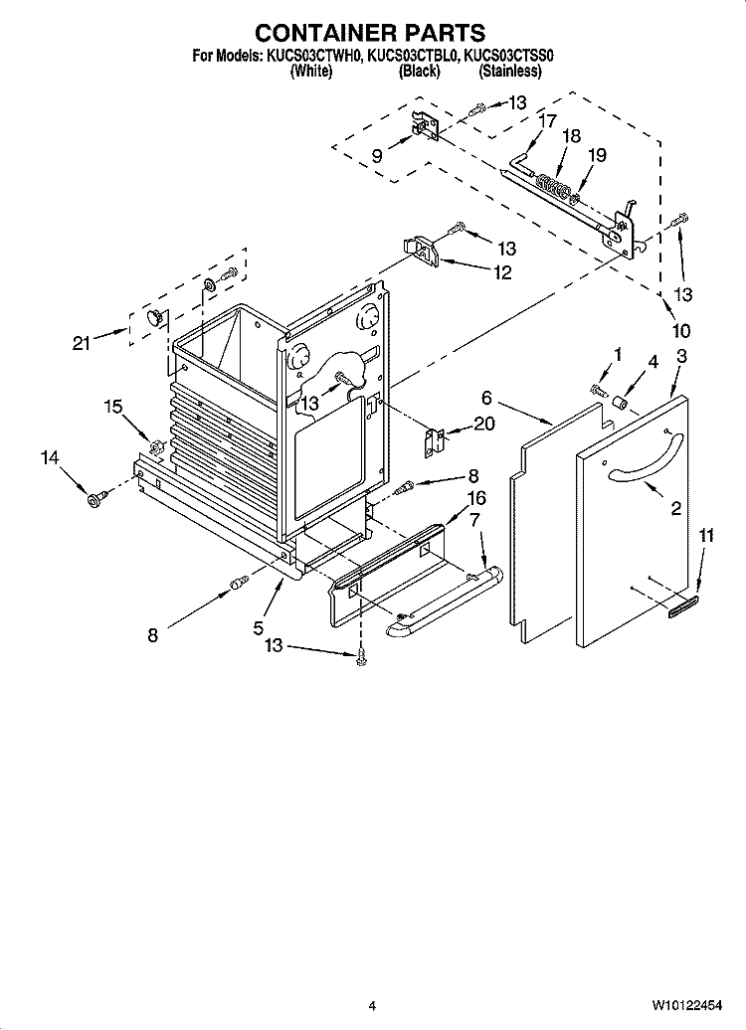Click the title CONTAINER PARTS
[370, 33]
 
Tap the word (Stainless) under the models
[509, 72]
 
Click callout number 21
[82, 343]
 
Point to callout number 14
[50, 457]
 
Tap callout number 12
[503, 273]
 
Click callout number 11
[705, 536]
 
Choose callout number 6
[486, 398]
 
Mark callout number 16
[475, 498]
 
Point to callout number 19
[596, 154]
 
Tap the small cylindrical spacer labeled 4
[618, 402]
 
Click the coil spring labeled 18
[550, 184]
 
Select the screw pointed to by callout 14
[93, 498]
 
